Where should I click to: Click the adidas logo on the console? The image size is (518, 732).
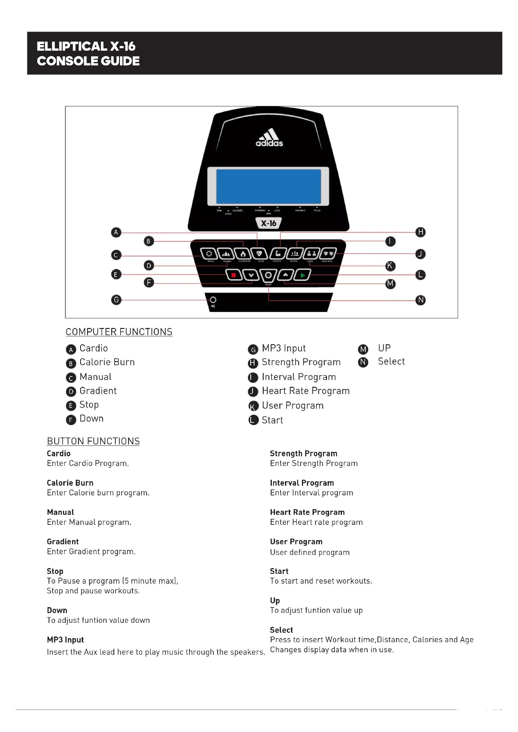point(269,138)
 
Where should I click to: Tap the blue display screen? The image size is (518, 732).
point(269,187)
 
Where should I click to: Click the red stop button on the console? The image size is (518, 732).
point(234,275)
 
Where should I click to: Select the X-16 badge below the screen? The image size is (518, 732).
point(269,223)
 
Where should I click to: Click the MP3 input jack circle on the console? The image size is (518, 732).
point(213,300)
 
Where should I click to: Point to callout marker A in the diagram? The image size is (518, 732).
point(116,232)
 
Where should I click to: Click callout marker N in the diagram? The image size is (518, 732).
point(420,300)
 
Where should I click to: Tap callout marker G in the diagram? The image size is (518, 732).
point(116,300)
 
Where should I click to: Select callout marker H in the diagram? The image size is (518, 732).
point(420,232)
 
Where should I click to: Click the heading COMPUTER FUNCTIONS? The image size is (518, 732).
point(119,332)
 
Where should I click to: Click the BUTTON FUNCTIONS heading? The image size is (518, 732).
point(93,441)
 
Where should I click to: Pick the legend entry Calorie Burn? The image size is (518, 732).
point(107,362)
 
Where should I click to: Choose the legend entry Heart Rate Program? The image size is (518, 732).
point(306,391)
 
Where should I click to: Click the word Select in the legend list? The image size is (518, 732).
point(391,361)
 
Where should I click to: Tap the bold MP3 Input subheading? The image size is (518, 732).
point(65,640)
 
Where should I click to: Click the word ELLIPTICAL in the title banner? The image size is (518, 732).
point(72,47)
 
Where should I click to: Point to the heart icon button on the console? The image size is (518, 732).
point(259,254)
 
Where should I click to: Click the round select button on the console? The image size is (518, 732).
point(268,275)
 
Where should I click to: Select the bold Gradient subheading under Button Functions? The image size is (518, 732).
point(63,542)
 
